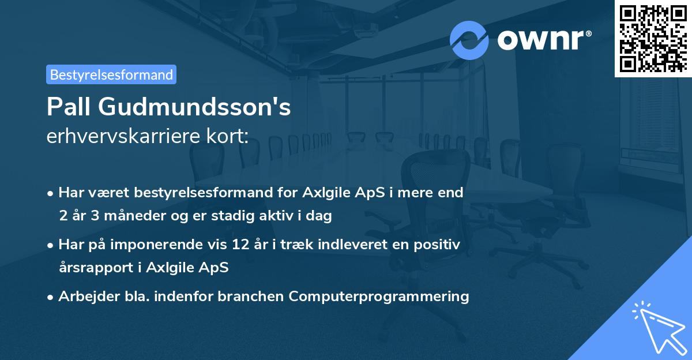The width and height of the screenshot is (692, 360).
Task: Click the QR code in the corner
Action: coord(653,39)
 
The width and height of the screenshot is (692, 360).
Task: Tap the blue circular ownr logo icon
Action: coord(469,40)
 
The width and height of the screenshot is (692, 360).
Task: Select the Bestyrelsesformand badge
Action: coord(111,74)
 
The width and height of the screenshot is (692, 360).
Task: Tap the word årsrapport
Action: coord(91,268)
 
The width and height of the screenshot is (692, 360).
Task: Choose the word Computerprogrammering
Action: coord(379,297)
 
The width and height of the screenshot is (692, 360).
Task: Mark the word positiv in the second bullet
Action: coord(439,245)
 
